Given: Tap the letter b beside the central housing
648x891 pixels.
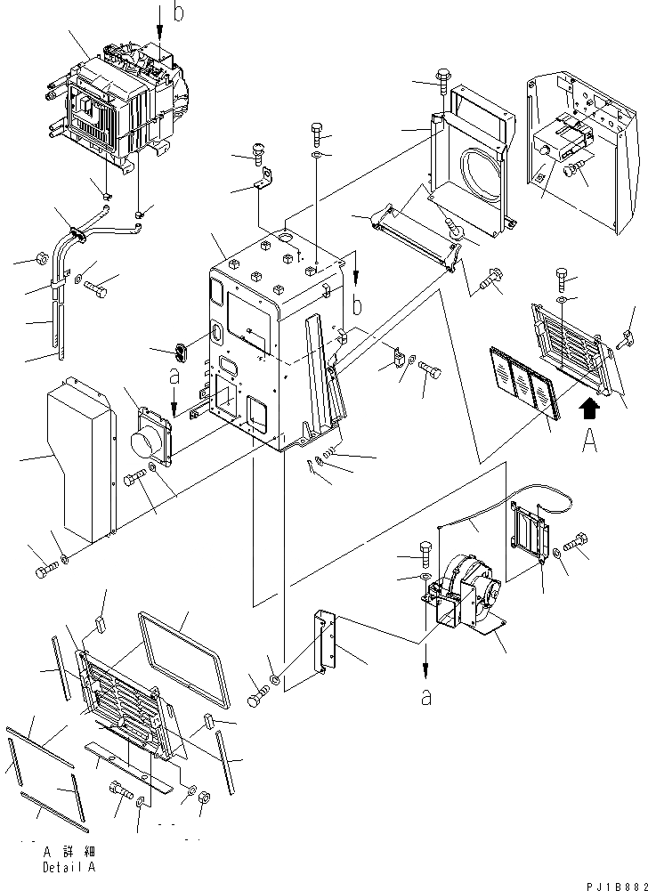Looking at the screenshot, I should (x=357, y=306).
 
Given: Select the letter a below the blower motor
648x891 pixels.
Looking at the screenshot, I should (x=427, y=697).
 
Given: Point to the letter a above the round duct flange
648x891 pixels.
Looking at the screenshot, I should (x=174, y=378).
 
